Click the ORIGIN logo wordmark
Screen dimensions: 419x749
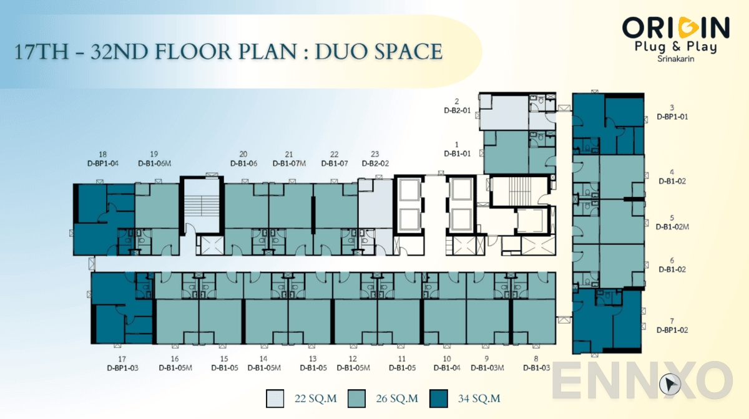tap(675, 27)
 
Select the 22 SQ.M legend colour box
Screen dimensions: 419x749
tap(274, 397)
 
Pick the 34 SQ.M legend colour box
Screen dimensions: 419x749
tap(439, 397)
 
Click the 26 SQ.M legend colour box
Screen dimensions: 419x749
tap(356, 397)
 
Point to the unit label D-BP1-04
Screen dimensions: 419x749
tap(103, 164)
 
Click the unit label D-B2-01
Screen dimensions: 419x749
tap(457, 111)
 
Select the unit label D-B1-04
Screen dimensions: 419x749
tap(446, 368)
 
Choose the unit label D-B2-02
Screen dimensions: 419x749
tap(375, 164)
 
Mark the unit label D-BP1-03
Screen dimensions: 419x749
tap(122, 368)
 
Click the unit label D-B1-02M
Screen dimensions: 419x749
tap(672, 227)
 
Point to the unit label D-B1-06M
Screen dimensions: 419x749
tap(154, 164)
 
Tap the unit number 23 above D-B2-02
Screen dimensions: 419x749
tap(374, 155)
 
